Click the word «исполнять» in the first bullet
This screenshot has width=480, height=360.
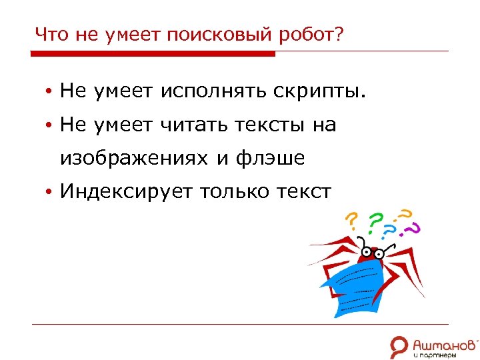213,91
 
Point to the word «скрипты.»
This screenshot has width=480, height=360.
319,91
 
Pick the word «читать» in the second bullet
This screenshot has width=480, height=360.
194,125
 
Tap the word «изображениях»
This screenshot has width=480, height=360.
134,159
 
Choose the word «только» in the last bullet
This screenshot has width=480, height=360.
237,192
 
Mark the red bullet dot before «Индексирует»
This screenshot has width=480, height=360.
49,193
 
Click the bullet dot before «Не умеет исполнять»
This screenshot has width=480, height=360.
49,91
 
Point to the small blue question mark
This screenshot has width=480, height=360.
391,232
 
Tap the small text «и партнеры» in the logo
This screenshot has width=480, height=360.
434,355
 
